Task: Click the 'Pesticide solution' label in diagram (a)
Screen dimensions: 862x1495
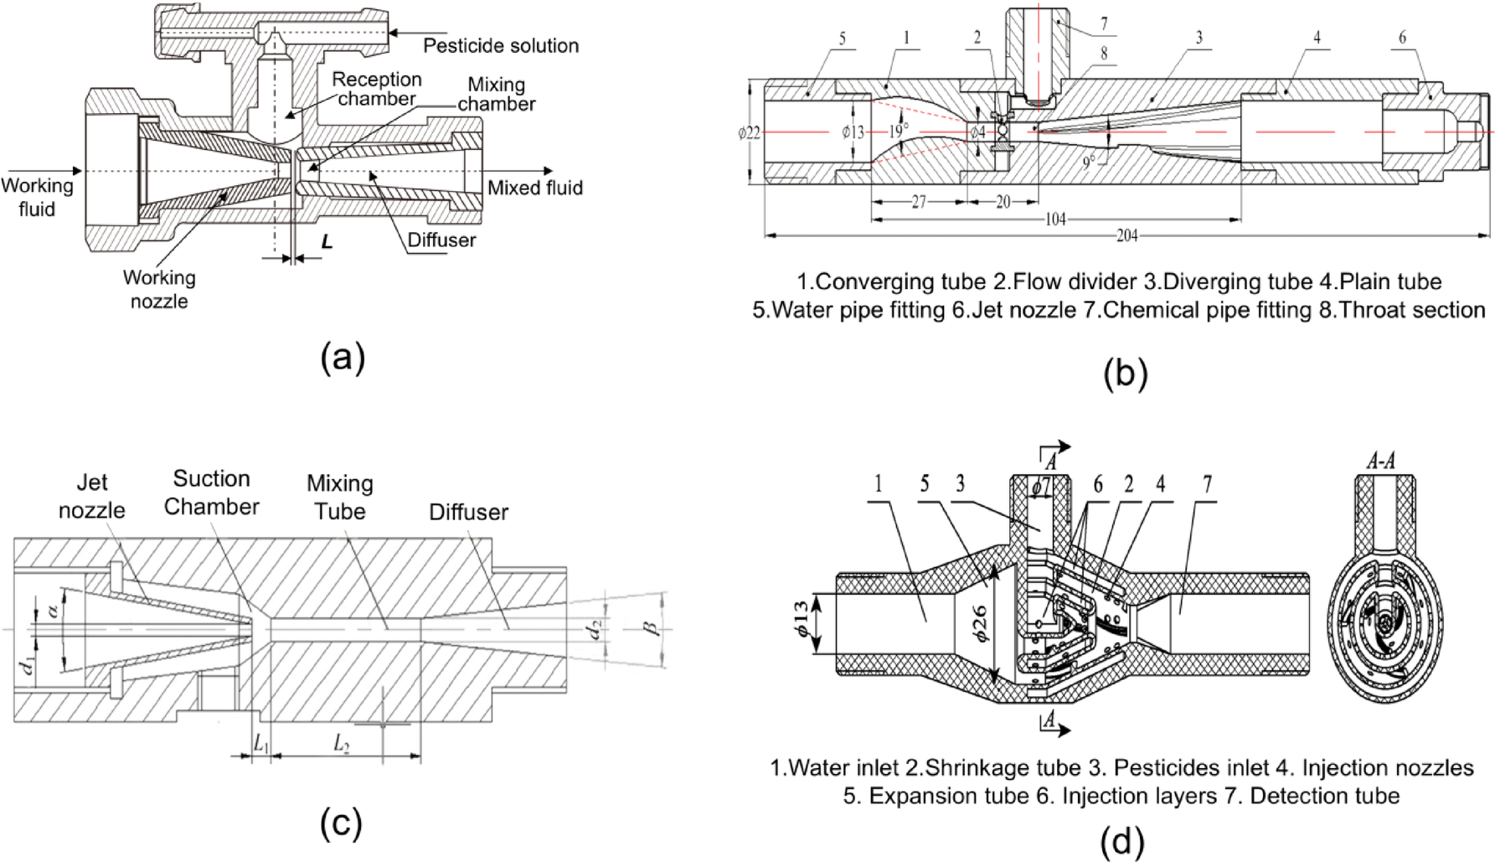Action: (500, 46)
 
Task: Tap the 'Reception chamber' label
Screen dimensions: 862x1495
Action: (376, 89)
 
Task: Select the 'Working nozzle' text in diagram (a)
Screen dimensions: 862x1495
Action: (159, 289)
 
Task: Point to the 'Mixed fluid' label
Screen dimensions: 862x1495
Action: (534, 188)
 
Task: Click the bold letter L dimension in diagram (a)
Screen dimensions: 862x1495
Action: (327, 242)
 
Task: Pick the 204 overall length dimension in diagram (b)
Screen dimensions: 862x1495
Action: (1126, 235)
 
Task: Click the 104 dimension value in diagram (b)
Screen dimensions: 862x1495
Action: (1055, 219)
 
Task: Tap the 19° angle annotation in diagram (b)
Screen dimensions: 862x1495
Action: (898, 132)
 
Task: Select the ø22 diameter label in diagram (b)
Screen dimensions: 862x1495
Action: (749, 132)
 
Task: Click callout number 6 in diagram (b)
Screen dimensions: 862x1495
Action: (1402, 38)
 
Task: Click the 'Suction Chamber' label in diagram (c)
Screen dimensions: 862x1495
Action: (211, 493)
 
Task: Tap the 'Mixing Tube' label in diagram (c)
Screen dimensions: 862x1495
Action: (339, 497)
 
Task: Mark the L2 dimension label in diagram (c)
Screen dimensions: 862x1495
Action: (341, 743)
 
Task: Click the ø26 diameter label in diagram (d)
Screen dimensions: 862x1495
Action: (981, 623)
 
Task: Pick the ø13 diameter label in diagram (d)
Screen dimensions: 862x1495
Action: (802, 618)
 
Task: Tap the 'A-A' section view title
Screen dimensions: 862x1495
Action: (1380, 460)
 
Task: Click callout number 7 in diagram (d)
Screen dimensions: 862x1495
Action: (1207, 484)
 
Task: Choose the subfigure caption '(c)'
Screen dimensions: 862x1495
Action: (341, 823)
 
